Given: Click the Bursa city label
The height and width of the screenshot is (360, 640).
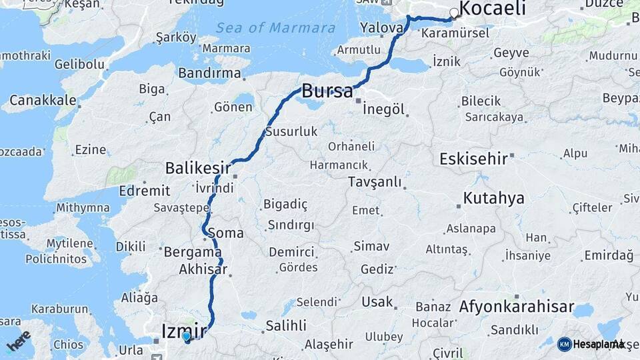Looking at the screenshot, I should coord(327,91).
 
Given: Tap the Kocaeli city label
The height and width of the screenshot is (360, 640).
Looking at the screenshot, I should coord(493,9).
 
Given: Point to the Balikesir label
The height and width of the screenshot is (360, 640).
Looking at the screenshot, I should coord(198,167).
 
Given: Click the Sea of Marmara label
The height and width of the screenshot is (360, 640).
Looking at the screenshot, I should coord(275,28).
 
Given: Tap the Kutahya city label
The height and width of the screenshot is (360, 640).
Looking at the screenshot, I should coord(493,198).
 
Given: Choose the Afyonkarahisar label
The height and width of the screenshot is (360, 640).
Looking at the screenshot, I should coord(516,307).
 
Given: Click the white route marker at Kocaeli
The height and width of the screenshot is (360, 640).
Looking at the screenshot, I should coord(455,13).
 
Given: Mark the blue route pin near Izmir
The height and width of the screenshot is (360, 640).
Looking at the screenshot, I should coord(186,337).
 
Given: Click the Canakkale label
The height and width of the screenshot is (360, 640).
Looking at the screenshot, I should coord(43,101).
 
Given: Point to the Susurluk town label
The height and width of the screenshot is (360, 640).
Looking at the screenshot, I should coord(291,131).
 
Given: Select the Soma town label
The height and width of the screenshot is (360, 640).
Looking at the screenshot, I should coord(226,233).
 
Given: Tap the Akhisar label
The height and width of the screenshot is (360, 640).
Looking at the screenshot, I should coord(203,270).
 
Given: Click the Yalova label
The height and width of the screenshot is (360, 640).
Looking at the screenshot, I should coord(381,28).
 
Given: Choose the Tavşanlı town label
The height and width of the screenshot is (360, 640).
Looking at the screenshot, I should coord(375,181).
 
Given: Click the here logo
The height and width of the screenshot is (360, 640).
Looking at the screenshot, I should coord(19,340).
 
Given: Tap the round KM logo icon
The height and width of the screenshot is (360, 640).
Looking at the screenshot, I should coord(564,344).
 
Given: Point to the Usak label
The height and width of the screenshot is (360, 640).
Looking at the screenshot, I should coord(377,302).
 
